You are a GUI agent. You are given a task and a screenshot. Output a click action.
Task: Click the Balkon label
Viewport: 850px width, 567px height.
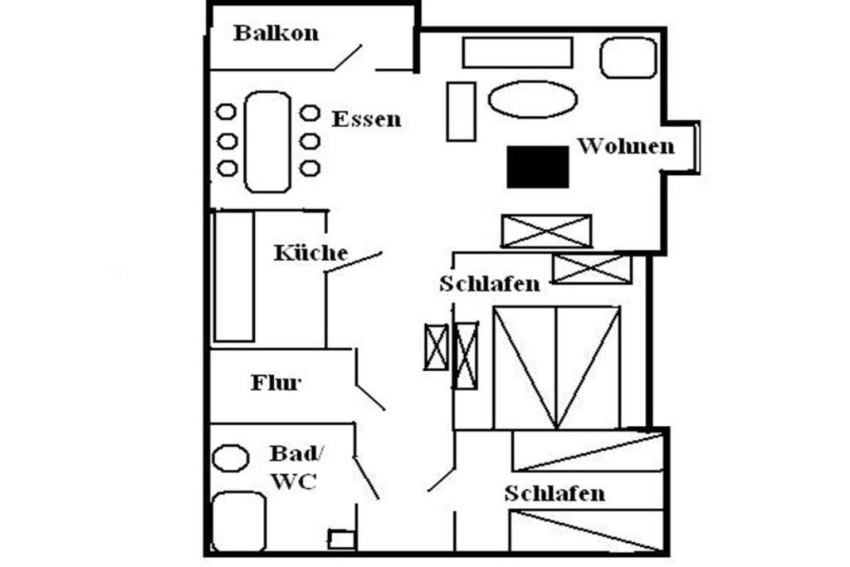click(276, 33)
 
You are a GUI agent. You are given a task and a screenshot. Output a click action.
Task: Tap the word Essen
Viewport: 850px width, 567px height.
click(366, 120)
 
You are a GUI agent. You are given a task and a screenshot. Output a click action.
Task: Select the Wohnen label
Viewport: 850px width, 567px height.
click(626, 146)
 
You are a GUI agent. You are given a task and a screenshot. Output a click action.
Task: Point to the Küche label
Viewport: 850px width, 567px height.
click(310, 252)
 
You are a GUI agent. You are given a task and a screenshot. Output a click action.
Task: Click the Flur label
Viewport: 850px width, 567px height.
click(276, 383)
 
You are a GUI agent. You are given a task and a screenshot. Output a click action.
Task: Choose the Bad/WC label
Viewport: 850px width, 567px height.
click(296, 467)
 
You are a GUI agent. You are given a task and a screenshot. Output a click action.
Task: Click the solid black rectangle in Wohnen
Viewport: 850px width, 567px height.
click(538, 167)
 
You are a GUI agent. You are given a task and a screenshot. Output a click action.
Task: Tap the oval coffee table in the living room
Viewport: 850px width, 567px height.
click(532, 100)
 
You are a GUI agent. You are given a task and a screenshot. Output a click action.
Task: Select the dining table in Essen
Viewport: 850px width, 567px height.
click(267, 142)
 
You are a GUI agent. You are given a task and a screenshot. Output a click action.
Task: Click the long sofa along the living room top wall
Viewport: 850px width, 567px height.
click(518, 52)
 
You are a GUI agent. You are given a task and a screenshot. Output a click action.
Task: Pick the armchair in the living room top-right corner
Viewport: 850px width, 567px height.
click(628, 57)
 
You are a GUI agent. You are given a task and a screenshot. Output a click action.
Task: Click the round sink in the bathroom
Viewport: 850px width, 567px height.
click(231, 458)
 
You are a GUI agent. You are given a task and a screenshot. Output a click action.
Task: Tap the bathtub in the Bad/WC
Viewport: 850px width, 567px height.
click(239, 521)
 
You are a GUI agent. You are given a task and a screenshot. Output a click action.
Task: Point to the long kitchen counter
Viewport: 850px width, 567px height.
click(234, 276)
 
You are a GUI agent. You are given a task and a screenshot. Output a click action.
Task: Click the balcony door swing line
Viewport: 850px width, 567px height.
click(348, 57)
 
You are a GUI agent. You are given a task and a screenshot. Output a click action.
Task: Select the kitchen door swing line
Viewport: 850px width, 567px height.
click(354, 262)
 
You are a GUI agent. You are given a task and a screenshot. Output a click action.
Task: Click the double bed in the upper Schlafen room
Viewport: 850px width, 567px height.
click(557, 368)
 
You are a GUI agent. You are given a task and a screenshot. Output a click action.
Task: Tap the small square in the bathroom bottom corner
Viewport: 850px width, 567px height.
click(341, 540)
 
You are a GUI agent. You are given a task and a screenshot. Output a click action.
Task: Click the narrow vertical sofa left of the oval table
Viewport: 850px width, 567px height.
click(462, 112)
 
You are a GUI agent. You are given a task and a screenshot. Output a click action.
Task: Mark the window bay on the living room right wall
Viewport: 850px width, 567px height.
click(681, 148)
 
